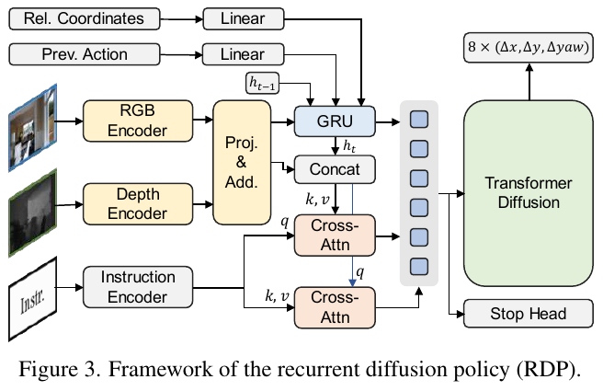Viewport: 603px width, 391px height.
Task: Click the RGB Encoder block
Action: pyautogui.click(x=135, y=121)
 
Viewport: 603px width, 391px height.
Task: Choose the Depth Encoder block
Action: pyautogui.click(x=135, y=203)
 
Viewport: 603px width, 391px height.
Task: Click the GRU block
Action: pyautogui.click(x=335, y=121)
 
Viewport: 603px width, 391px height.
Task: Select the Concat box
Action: pyautogui.click(x=335, y=169)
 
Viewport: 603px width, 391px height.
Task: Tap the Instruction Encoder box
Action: pyautogui.click(x=138, y=286)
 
